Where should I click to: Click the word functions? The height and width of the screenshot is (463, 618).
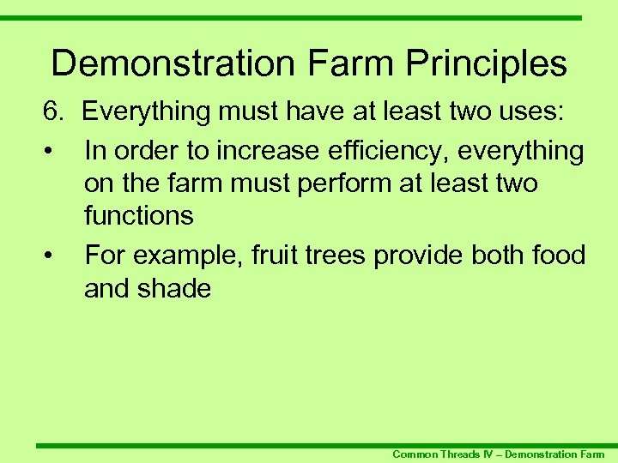pyautogui.click(x=138, y=215)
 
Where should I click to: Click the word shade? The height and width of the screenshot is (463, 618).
pyautogui.click(x=178, y=288)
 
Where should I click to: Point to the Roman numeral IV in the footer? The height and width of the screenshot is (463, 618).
pyautogui.click(x=489, y=454)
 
